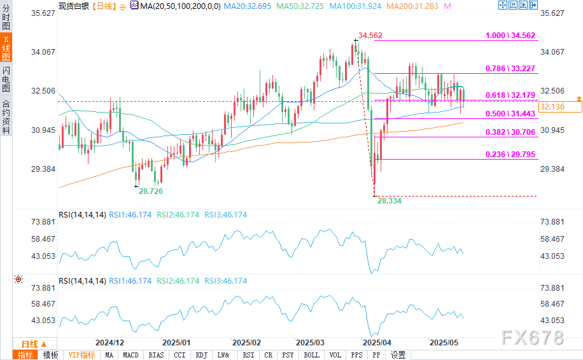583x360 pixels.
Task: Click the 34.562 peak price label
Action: pos(370,36)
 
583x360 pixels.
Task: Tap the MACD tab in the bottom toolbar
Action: pos(131,355)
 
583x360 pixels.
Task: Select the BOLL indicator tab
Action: pos(311,355)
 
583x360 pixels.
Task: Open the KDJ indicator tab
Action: pos(201,355)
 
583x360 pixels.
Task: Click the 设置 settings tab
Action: pos(398,355)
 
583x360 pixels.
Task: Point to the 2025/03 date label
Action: pos(311,342)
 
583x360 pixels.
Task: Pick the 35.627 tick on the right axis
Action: pos(552,13)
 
